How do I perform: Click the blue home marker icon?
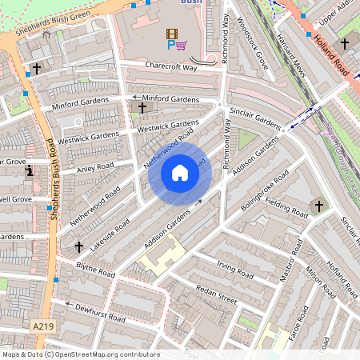[180, 173]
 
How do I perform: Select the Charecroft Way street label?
[171, 67]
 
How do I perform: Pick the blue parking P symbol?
[170, 46]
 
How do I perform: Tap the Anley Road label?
[94, 168]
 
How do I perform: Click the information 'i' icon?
[30, 170]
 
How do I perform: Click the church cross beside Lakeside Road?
[78, 247]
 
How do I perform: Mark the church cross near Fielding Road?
[319, 206]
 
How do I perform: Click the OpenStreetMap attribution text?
[80, 354]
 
